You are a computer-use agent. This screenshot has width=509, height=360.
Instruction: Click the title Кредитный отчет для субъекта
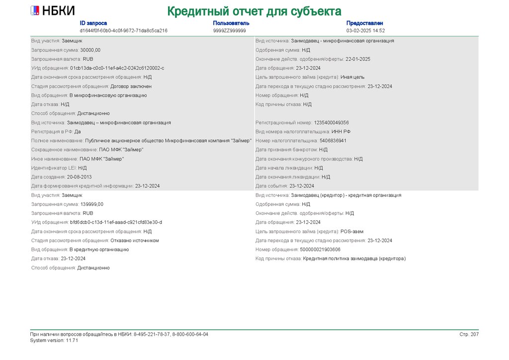pyautogui.click(x=254, y=11)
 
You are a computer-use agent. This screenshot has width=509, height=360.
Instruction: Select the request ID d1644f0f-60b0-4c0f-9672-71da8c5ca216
pyautogui.click(x=123, y=30)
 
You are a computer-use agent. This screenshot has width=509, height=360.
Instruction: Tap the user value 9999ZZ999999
pyautogui.click(x=229, y=30)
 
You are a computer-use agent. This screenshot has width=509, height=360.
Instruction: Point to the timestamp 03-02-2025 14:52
pyautogui.click(x=365, y=30)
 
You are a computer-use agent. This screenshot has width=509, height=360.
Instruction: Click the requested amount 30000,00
pyautogui.click(x=90, y=50)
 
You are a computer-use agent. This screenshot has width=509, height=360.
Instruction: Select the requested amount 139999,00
pyautogui.click(x=92, y=204)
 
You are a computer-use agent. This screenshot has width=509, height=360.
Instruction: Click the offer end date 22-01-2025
pyautogui.click(x=358, y=59)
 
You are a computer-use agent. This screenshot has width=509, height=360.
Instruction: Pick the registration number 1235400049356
pyautogui.click(x=331, y=122)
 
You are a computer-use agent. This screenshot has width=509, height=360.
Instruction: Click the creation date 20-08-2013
pyautogui.click(x=80, y=177)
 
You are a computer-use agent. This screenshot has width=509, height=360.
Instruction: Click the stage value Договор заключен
pyautogui.click(x=131, y=86)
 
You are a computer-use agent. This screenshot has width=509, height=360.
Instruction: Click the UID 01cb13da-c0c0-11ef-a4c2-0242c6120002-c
pyautogui.click(x=117, y=68)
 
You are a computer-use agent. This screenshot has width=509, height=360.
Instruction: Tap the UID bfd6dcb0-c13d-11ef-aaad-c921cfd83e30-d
pyautogui.click(x=116, y=222)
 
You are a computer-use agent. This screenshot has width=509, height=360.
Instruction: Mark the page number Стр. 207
pyautogui.click(x=469, y=334)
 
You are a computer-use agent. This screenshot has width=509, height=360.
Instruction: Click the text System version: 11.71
pyautogui.click(x=54, y=341)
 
